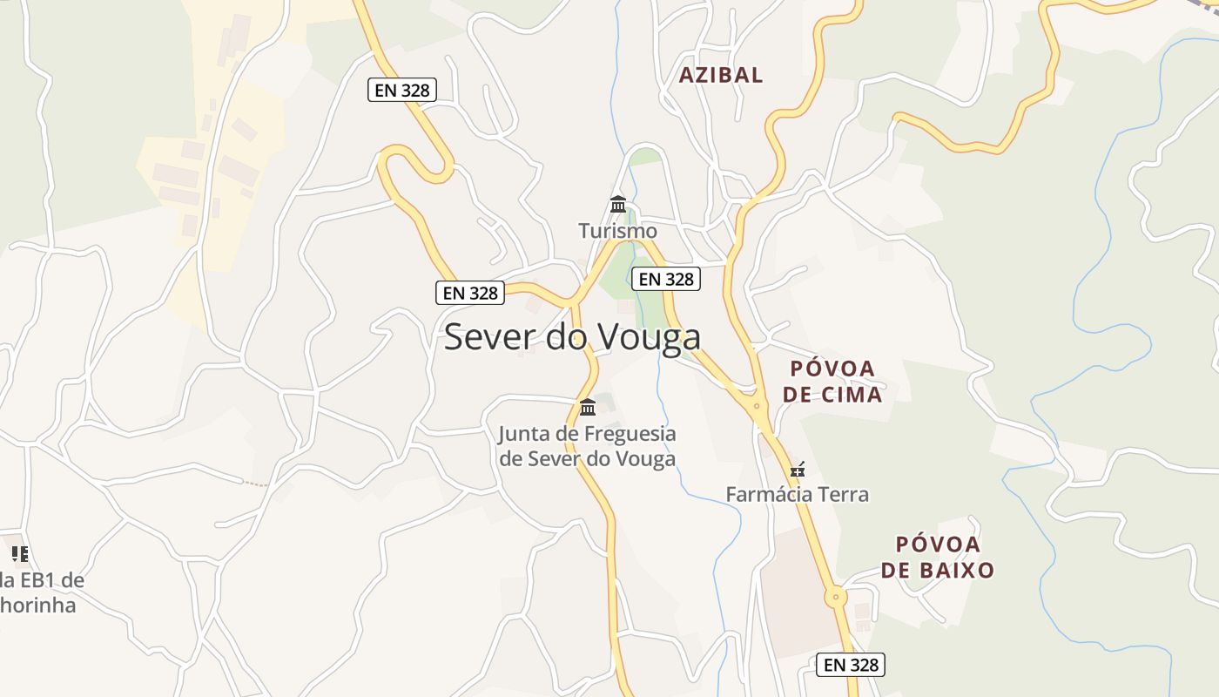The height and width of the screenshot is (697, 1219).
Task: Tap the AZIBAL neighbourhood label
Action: click(721, 75)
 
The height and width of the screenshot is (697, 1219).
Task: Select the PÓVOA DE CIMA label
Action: click(832, 382)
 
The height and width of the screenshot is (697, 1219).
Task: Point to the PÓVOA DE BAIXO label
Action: click(937, 558)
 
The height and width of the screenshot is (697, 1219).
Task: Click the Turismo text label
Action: click(618, 232)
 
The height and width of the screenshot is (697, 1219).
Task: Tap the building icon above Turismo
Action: click(618, 205)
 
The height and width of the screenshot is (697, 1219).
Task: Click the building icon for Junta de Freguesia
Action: click(588, 407)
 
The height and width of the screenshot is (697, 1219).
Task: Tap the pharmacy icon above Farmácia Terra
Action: click(797, 470)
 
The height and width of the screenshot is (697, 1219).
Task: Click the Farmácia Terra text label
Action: click(798, 495)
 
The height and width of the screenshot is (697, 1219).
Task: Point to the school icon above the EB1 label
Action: click(20, 553)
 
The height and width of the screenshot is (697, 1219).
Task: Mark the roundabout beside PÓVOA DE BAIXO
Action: click(836, 598)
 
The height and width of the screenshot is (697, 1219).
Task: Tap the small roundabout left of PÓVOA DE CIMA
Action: click(757, 405)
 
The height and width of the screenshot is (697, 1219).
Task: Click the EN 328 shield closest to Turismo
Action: click(666, 279)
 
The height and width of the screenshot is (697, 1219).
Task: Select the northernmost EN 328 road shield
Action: click(401, 89)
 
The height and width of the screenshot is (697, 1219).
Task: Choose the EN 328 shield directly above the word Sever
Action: click(470, 293)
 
